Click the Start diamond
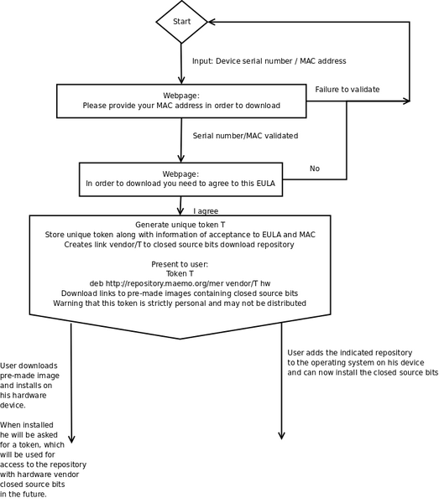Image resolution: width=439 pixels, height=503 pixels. (x=181, y=22)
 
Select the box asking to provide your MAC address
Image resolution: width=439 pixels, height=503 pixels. (x=181, y=101)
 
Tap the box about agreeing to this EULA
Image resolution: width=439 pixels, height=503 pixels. (x=181, y=178)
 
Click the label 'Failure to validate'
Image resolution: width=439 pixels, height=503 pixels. (x=348, y=89)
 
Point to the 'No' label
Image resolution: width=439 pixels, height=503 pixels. (x=315, y=169)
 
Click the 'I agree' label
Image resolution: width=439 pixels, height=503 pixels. (x=206, y=211)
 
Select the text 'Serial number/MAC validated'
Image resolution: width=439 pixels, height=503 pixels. (x=245, y=135)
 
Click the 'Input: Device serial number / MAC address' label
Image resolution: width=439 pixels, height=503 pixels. (x=269, y=61)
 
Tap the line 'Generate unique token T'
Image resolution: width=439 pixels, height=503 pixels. (x=181, y=225)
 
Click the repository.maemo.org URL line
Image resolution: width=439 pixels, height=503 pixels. (x=181, y=283)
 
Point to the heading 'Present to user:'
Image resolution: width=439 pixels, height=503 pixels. (x=181, y=264)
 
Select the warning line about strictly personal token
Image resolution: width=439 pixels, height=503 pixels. (x=181, y=303)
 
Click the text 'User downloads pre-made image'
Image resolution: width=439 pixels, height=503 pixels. (x=29, y=371)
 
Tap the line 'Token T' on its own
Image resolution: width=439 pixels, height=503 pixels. (x=181, y=273)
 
